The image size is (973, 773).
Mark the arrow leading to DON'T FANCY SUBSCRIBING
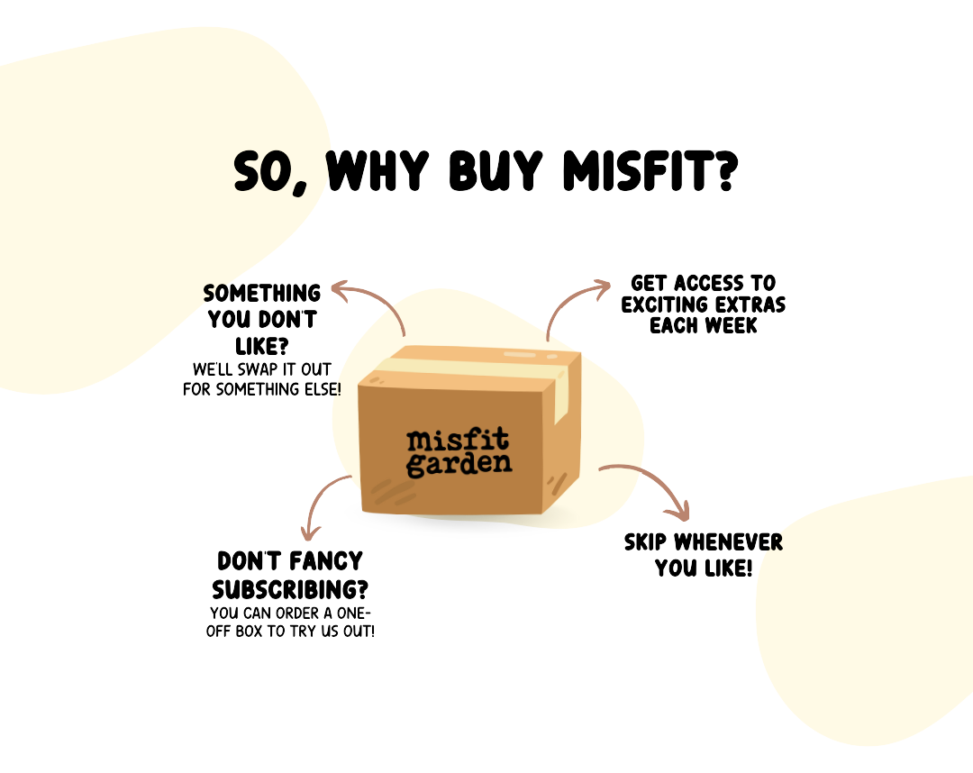click(x=323, y=505)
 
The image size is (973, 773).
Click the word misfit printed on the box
click(x=458, y=441)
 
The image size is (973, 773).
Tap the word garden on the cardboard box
click(x=459, y=465)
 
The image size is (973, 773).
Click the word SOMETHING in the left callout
click(x=262, y=294)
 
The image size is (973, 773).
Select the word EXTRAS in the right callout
click(x=744, y=305)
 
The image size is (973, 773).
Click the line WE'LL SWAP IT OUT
click(x=262, y=370)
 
